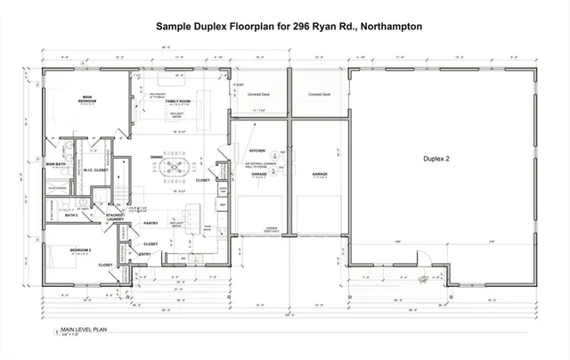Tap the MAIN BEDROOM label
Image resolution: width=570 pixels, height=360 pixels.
click(87, 98)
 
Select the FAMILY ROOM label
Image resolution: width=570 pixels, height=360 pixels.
click(180, 102)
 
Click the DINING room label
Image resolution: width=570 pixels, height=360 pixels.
click(158, 158)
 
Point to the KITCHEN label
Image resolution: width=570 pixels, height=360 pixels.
click(257, 152)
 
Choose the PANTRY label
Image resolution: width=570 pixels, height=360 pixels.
click(151, 224)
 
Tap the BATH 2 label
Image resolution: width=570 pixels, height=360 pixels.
click(72, 215)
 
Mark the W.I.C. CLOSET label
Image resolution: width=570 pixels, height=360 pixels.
click(96, 169)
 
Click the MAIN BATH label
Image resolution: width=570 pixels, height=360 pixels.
click(59, 164)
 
